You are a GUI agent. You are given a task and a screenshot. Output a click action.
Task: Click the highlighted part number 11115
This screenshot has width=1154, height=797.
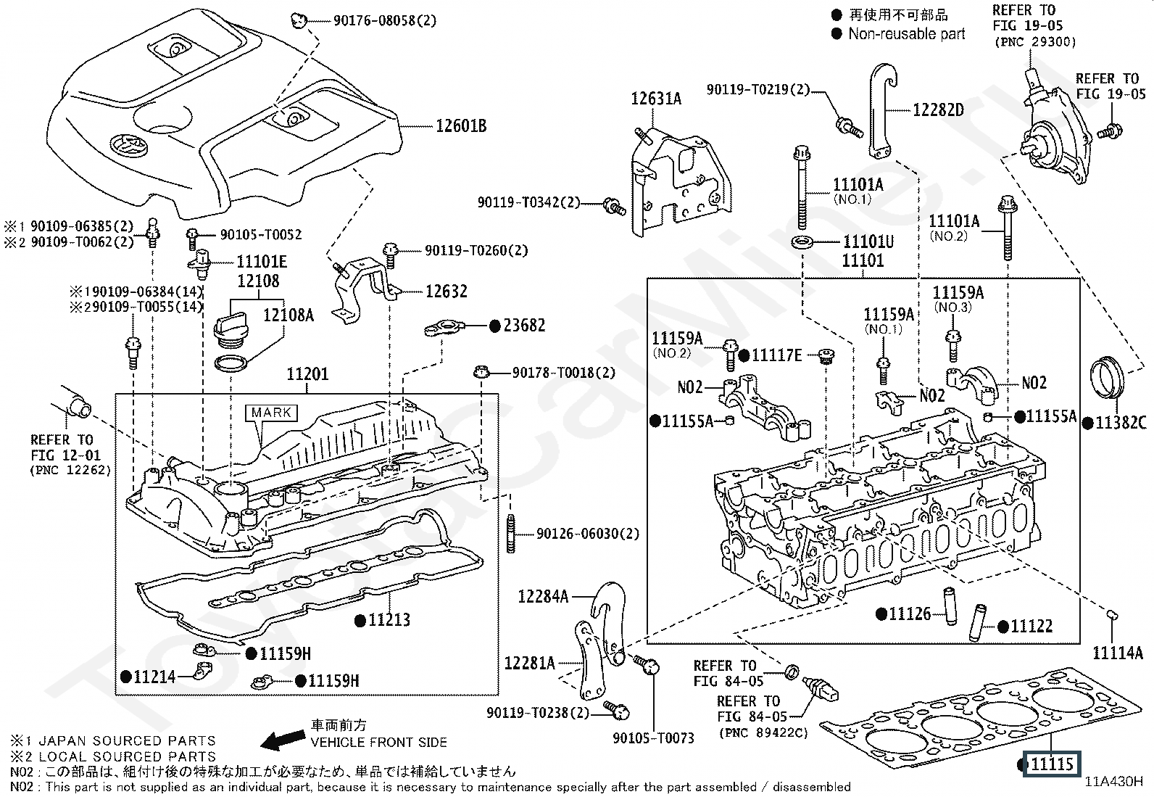[x=1051, y=764]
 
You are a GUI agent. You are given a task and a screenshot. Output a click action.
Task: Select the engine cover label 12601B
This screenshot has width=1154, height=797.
[x=461, y=126]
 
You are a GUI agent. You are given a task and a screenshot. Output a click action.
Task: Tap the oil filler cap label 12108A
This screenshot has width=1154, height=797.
[x=288, y=315]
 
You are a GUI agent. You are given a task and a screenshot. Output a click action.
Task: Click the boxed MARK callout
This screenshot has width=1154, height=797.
[x=271, y=413]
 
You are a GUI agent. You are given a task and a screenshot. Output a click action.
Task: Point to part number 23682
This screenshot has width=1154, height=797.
[x=524, y=326]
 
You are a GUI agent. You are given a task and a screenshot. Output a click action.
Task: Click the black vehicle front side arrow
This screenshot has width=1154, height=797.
[x=283, y=740]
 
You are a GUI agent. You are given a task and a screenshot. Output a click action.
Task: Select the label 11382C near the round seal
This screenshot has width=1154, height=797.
[x=1121, y=423]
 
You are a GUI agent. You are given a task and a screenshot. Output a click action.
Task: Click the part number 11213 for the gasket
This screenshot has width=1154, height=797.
[x=389, y=619]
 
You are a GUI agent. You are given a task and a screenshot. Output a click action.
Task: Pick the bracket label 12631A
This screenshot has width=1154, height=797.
[x=656, y=99]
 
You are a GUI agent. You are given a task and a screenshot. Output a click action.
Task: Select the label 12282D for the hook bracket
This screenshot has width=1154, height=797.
[x=938, y=110]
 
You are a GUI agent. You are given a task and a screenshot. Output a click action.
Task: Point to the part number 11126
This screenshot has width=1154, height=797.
[x=909, y=614]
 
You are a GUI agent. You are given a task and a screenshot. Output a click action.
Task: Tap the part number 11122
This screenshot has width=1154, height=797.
[x=1031, y=627]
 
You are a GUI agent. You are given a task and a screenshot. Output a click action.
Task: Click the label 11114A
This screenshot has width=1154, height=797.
[x=1118, y=653]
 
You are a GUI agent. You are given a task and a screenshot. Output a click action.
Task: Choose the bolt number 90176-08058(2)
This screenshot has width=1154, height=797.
[x=385, y=21]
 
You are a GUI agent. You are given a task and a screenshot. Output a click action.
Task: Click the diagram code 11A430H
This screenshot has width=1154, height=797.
[x=1113, y=782]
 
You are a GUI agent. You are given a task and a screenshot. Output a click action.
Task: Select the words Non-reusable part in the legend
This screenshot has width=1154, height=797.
[x=906, y=33]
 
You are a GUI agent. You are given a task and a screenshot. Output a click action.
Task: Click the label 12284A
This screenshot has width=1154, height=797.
[x=543, y=596]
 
